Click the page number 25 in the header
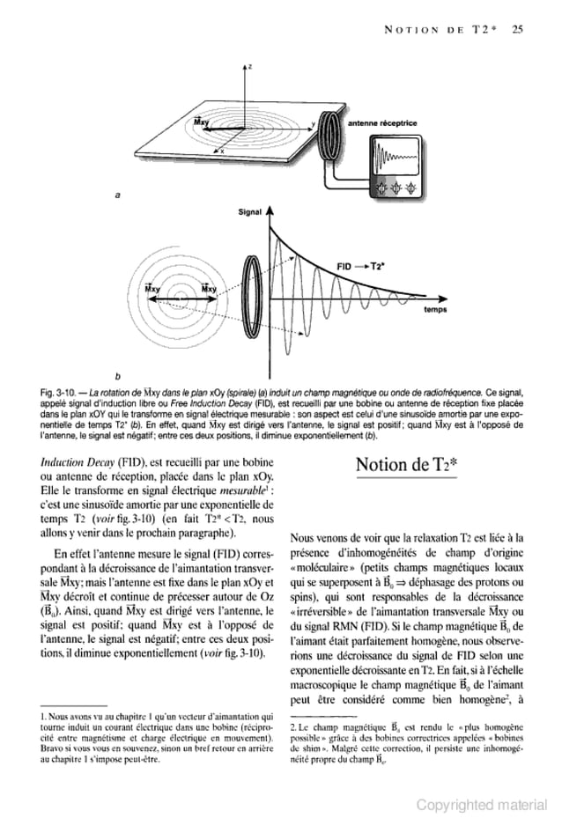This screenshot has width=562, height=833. (x=517, y=28)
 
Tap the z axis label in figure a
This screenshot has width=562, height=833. (x=251, y=67)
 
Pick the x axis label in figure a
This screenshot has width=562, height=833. (x=222, y=151)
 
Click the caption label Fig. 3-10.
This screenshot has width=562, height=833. (x=58, y=387)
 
